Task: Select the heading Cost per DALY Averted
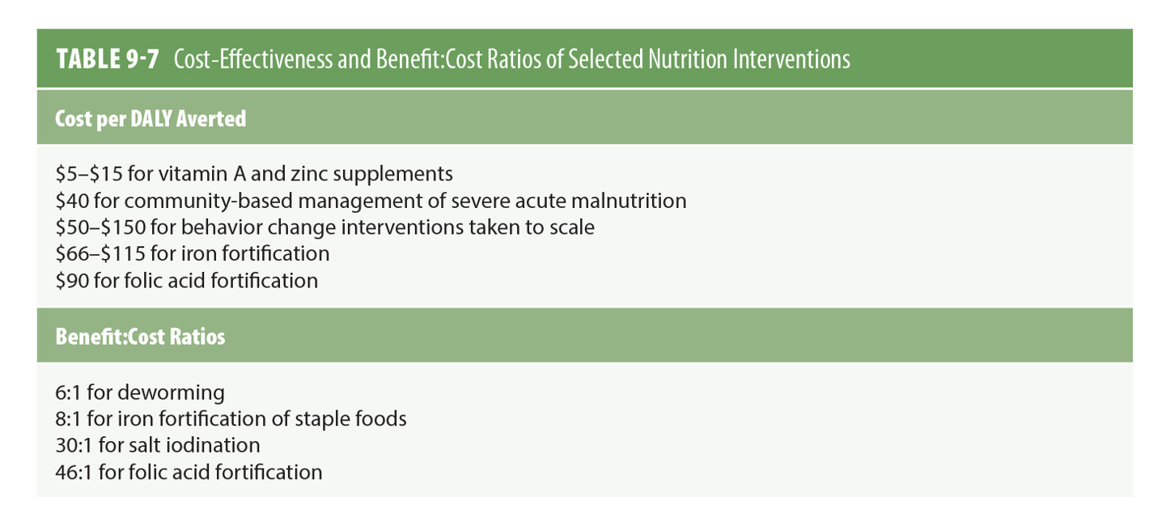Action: (x=150, y=119)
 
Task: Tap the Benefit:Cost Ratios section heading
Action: (x=140, y=337)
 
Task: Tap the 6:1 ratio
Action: (x=69, y=393)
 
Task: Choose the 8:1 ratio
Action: (x=69, y=419)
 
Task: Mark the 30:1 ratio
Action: (x=74, y=445)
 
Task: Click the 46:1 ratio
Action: (x=74, y=472)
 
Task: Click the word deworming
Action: (x=172, y=393)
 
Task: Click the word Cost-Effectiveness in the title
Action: (x=261, y=59)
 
